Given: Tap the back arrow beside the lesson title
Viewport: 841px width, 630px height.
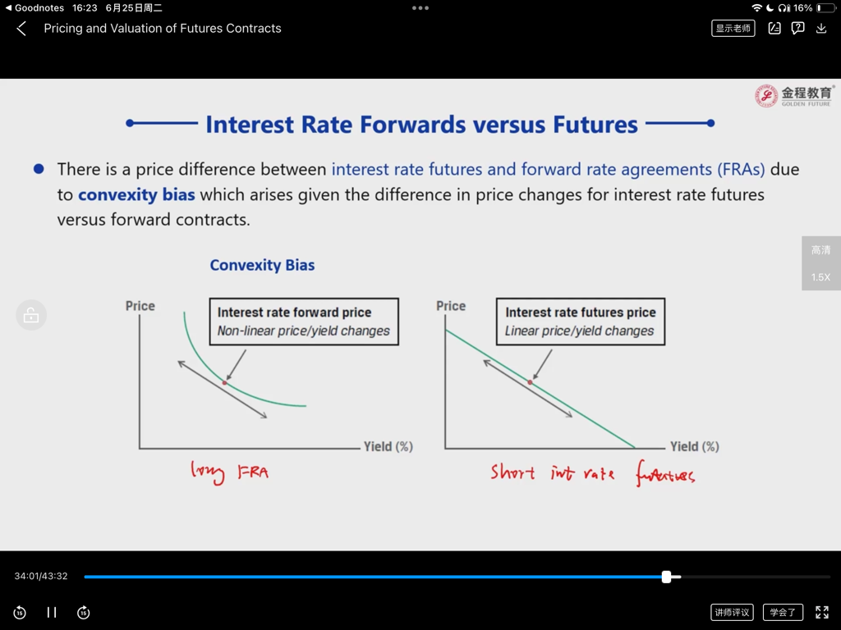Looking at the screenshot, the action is tap(21, 29).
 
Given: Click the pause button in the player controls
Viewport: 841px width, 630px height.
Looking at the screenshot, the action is tap(52, 612).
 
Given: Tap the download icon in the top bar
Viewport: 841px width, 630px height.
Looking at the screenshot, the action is tap(821, 29).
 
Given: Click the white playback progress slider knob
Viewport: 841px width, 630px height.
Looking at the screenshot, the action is tap(666, 577).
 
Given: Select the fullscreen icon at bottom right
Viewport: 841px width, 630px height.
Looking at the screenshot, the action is tap(821, 612).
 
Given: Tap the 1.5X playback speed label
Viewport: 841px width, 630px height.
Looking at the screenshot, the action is tap(820, 277).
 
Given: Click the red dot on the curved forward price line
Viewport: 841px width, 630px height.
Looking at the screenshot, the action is tap(225, 382).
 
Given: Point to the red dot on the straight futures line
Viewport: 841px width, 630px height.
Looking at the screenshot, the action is tap(530, 382).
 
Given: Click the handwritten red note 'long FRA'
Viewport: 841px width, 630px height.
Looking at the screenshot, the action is tap(230, 472).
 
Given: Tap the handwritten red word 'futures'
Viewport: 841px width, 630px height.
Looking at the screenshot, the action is tap(665, 473).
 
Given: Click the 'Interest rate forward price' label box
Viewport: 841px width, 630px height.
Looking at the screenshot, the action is tap(304, 322).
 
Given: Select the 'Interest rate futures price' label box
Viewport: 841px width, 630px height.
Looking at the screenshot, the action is tap(581, 322).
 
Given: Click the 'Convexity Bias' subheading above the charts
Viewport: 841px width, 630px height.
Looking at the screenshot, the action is tap(262, 265).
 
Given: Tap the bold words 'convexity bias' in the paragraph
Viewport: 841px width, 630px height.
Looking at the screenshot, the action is tap(136, 194).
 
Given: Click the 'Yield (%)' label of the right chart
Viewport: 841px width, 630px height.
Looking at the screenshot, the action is tap(695, 446).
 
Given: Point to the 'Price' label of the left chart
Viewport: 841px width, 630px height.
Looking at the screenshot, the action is tap(140, 306).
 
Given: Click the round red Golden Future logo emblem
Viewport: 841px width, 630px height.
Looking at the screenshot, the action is tap(766, 96).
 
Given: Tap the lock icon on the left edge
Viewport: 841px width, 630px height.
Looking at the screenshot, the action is tap(31, 315).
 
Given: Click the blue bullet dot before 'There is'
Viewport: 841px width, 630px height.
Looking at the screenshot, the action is tap(39, 169).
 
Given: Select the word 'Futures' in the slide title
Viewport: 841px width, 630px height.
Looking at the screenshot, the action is tap(595, 125).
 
